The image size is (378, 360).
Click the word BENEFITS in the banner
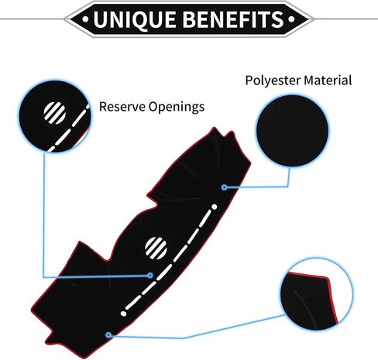[x=235, y=19]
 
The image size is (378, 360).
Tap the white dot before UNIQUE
[x=85, y=19]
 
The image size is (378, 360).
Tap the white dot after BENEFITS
[x=291, y=19]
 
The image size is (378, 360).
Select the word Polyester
[x=273, y=81]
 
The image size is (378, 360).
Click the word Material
[x=328, y=80]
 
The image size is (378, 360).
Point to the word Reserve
[x=122, y=106]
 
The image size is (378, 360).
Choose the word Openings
[x=177, y=107]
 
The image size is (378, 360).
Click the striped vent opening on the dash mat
[x=156, y=248]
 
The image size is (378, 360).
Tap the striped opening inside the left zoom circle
[x=54, y=113]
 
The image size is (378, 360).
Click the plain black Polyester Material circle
[x=292, y=131]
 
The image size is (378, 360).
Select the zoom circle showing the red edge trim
[x=317, y=293]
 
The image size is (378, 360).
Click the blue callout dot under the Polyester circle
[x=225, y=187]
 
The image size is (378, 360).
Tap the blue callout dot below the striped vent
[x=150, y=276]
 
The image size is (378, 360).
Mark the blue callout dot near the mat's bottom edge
[x=108, y=335]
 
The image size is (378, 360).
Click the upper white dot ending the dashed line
[x=215, y=207]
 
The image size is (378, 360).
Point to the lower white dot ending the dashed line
[x=124, y=314]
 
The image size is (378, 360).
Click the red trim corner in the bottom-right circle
[x=328, y=278]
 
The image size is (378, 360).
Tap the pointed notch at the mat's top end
[x=214, y=128]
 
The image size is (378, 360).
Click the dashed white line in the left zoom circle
[x=69, y=128]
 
